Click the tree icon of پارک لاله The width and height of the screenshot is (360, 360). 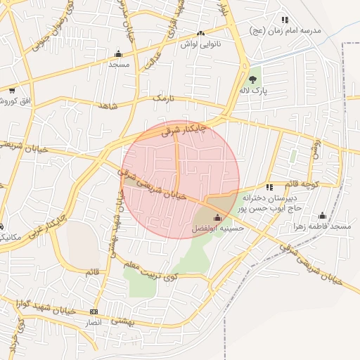(x=253, y=79)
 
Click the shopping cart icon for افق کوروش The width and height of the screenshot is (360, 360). (x=12, y=90)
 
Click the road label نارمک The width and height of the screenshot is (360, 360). (x=162, y=97)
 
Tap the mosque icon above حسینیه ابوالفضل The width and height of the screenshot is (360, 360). (x=217, y=217)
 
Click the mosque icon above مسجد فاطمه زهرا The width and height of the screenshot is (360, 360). (x=323, y=215)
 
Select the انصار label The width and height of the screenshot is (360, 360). (x=94, y=322)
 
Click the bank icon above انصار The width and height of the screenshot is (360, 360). (x=94, y=311)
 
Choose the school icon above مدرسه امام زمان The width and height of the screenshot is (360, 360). (x=284, y=20)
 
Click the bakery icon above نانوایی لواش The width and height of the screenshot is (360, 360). (x=202, y=33)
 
